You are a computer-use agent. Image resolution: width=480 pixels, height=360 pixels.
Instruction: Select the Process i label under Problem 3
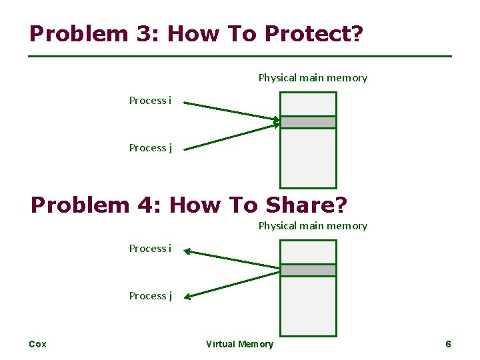tap(150, 101)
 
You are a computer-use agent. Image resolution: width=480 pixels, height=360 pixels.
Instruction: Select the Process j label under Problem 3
tap(150, 148)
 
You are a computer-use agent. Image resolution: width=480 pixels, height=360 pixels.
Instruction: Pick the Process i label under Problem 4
tap(150, 249)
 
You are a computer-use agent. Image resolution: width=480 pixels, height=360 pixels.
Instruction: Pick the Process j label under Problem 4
tap(150, 296)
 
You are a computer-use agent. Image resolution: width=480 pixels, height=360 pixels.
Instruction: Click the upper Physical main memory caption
tap(313, 78)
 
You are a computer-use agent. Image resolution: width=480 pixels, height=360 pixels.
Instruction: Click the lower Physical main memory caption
tap(313, 226)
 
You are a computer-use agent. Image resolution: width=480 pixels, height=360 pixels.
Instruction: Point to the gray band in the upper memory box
tap(308, 122)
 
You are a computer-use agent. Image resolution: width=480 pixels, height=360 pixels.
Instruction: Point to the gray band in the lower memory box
tap(308, 270)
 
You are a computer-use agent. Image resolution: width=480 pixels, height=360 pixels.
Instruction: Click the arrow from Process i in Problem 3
tap(230, 111)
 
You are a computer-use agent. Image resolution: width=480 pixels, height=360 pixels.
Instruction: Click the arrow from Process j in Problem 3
tap(230, 137)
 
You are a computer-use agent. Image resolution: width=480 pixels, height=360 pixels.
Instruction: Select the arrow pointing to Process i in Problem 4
tap(230, 259)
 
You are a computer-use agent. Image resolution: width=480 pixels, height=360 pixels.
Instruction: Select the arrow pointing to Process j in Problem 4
tap(230, 285)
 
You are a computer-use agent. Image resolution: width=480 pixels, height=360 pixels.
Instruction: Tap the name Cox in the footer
tap(38, 344)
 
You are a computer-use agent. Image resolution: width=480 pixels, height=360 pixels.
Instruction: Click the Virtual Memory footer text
tap(239, 344)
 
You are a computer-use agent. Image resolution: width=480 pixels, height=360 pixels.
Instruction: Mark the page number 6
tap(448, 344)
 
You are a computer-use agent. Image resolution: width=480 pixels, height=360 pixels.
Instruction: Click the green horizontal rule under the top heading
tap(240, 56)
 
